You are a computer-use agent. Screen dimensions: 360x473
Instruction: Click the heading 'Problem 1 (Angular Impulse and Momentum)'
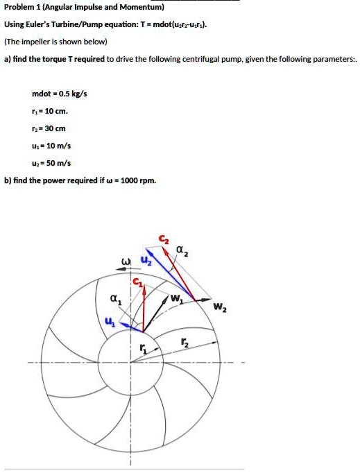84,8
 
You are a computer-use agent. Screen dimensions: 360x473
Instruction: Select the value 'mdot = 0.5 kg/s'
60,93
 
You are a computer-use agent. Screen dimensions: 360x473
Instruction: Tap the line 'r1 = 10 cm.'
50,111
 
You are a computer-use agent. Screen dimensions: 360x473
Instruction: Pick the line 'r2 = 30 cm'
49,128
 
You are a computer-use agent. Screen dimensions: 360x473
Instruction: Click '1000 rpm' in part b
139,181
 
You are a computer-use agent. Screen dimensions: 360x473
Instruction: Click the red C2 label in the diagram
163,239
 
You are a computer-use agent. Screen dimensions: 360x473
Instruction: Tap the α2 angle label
182,250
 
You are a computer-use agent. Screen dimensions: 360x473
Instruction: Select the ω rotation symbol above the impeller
126,262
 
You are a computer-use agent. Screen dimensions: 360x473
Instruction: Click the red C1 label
137,282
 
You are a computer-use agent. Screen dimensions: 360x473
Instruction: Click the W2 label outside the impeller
219,307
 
